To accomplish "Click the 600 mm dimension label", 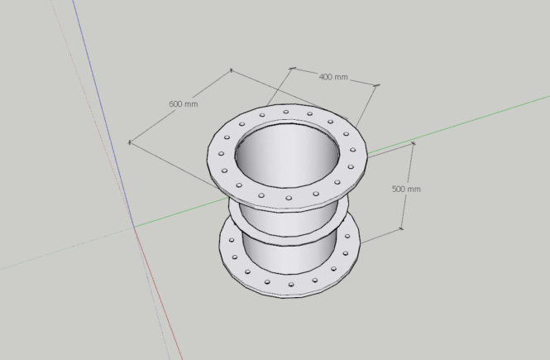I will pyautogui.click(x=183, y=104).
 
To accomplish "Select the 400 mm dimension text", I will pyautogui.click(x=333, y=77).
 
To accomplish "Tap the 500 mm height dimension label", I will pyautogui.click(x=406, y=189).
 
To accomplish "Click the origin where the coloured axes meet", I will pyautogui.click(x=134, y=226).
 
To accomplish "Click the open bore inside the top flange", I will pyautogui.click(x=287, y=153).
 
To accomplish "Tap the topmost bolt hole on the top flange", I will pyautogui.click(x=286, y=111).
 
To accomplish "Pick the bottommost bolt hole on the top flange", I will pyautogui.click(x=289, y=198).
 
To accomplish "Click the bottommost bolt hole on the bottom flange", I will pyautogui.click(x=290, y=286).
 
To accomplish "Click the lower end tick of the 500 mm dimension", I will pyautogui.click(x=402, y=229).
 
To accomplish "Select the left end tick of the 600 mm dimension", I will pyautogui.click(x=129, y=142).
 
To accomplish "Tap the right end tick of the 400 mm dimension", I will pyautogui.click(x=377, y=84).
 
